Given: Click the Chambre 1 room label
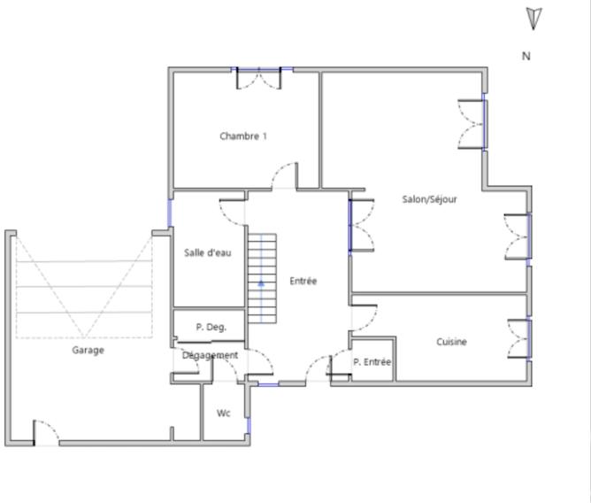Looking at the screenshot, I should (243, 136).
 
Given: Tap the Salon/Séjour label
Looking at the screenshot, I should (429, 199).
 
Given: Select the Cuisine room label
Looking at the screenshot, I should (451, 342).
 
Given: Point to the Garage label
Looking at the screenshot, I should (88, 350).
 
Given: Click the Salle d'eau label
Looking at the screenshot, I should (208, 252).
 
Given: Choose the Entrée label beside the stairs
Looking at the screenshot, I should (303, 281).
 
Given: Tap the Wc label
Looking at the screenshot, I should (224, 413).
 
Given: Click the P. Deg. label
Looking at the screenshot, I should (211, 327).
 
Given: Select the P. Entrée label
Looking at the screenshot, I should (372, 361).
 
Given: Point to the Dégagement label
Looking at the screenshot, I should (211, 355).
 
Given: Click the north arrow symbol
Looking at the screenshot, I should (533, 19).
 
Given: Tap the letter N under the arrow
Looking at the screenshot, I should (526, 56).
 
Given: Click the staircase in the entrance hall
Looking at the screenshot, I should (262, 277).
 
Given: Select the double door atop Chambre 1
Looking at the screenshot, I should (258, 78).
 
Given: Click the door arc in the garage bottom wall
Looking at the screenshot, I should (46, 432).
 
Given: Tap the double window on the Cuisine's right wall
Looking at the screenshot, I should (519, 339).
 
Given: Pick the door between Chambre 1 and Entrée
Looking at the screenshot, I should (284, 176).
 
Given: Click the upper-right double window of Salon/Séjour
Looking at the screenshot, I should (472, 123).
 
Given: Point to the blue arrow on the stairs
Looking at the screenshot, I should (262, 283).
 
